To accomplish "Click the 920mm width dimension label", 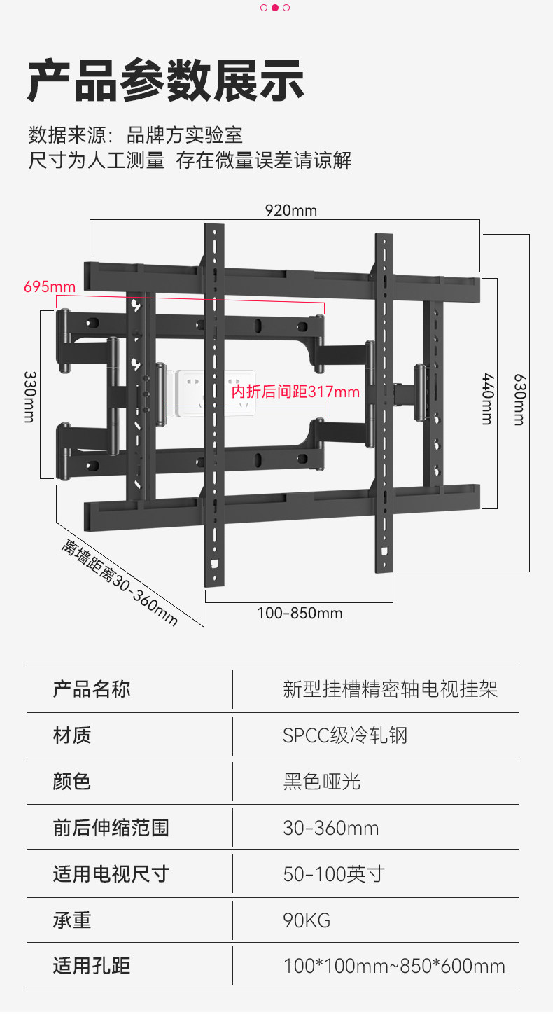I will (x=290, y=210).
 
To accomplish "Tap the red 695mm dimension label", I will (x=50, y=287).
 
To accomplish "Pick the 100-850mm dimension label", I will (x=300, y=614).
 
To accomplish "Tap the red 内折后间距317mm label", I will (x=295, y=392).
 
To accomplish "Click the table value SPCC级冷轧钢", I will (x=345, y=735).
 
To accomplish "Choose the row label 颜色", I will (x=72, y=782).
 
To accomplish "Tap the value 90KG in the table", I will (x=307, y=920).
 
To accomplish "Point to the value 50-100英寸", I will (x=334, y=874).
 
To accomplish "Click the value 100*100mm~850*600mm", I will (x=394, y=967).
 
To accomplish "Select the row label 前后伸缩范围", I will (x=111, y=828).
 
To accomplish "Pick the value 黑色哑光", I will (x=322, y=782).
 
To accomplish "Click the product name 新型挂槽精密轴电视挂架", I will (x=391, y=689).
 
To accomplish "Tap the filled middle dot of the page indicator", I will (x=275, y=8).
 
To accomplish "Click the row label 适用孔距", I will (x=92, y=967).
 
